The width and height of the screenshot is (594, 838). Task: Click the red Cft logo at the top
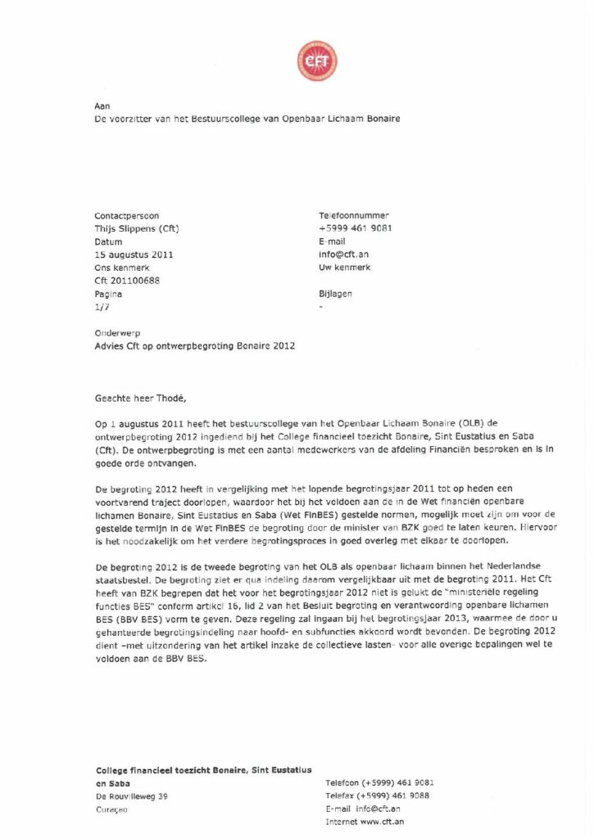[316, 61]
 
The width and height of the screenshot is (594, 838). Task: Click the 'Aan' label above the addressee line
[102, 106]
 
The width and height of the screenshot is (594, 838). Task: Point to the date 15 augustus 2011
[134, 255]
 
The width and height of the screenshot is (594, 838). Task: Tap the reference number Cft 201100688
[127, 281]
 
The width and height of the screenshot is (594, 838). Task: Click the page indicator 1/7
[102, 306]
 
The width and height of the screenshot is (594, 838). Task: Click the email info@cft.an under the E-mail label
[343, 255]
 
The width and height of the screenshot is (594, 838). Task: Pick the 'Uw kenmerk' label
[344, 268]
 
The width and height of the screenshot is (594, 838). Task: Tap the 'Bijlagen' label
[336, 293]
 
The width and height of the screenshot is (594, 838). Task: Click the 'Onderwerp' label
[117, 333]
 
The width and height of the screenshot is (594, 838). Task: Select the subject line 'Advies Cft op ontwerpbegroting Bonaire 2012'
[195, 346]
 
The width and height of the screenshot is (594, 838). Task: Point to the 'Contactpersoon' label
[127, 215]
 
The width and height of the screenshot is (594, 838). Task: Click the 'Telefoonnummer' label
[354, 215]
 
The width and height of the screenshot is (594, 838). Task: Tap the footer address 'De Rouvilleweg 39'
[132, 795]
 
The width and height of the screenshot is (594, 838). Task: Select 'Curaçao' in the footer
[112, 809]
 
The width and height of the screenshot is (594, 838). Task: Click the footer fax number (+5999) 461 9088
[397, 795]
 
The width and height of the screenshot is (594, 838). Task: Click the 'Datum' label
[108, 241]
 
